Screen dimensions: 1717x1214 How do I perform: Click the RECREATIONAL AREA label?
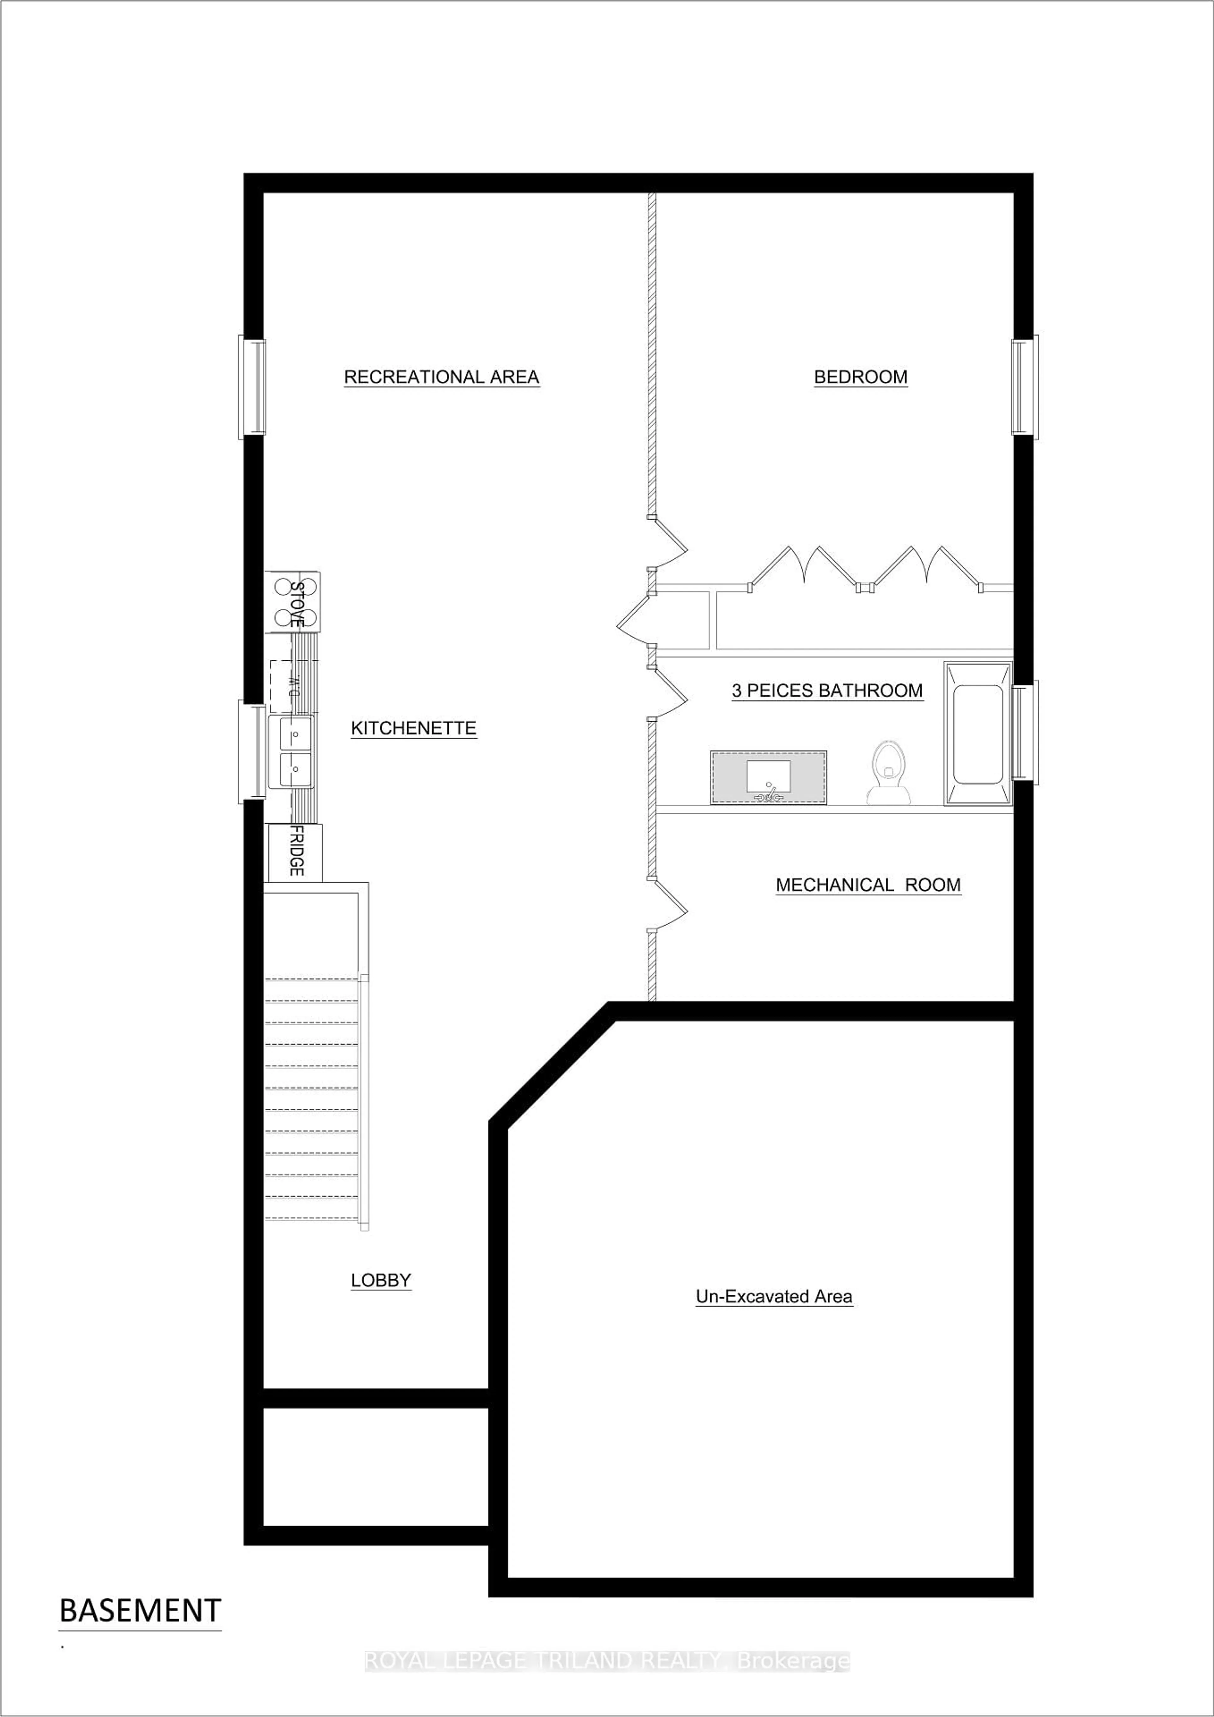point(441,377)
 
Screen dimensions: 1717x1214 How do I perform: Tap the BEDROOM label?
point(861,377)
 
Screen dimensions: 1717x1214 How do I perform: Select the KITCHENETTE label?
point(414,728)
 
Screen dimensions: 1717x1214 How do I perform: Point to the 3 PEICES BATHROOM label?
point(827,690)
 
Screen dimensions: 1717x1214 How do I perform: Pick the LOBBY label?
point(381,1280)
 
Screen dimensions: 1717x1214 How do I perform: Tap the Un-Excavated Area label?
point(774,1297)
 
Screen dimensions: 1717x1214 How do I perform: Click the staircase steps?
point(312,1099)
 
